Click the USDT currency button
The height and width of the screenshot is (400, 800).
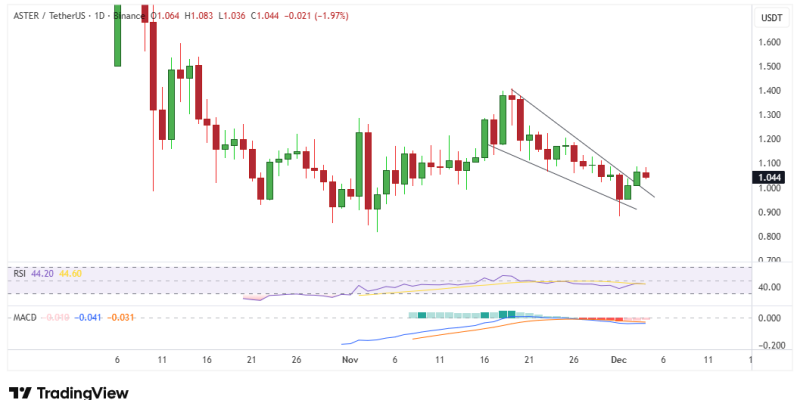[x=771, y=18]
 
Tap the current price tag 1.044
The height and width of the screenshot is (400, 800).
[x=772, y=177]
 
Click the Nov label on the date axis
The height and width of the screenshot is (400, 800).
[x=349, y=358]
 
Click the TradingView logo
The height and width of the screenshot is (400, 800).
[x=69, y=390]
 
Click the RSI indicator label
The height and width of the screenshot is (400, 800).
[x=19, y=272]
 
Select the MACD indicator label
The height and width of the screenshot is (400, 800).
[x=24, y=317]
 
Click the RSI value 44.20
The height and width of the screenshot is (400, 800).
[x=42, y=272]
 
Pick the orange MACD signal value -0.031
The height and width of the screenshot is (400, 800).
[x=121, y=317]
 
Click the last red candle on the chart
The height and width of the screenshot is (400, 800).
[x=646, y=175]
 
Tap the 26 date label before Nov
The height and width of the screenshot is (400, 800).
[x=297, y=358]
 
